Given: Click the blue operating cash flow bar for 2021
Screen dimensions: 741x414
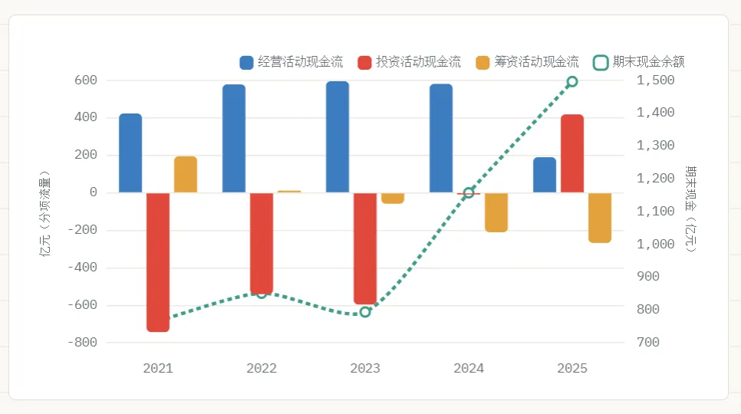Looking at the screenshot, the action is click(130, 153).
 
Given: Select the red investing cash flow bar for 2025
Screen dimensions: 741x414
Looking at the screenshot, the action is click(572, 153).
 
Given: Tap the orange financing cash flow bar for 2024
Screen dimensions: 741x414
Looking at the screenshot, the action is click(496, 212).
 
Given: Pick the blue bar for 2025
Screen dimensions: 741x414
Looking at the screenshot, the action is click(545, 175).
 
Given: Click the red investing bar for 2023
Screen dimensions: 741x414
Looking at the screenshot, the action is click(365, 248).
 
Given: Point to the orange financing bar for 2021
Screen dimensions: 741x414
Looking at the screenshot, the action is click(186, 175).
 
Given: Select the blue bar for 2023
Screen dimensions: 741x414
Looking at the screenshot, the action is click(338, 137).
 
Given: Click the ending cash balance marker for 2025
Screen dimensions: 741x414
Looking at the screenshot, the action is click(572, 82).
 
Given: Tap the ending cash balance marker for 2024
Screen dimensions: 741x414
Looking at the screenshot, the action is click(469, 192).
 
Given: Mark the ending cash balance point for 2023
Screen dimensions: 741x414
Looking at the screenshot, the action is click(365, 312).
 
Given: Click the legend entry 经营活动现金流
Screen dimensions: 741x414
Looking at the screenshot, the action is click(291, 62).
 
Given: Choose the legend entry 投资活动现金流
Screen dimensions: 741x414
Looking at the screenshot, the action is click(410, 62).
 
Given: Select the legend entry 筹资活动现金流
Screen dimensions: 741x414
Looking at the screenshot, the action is click(528, 62).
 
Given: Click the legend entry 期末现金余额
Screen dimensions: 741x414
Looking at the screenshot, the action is click(639, 62).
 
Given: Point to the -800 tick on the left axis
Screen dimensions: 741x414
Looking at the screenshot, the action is click(83, 342).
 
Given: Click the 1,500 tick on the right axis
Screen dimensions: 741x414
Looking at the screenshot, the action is click(655, 80).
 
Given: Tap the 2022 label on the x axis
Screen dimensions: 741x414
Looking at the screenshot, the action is click(262, 368).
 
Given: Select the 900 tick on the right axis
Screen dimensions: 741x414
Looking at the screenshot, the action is click(648, 277).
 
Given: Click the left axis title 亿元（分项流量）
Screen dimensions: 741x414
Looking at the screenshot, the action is click(44, 213).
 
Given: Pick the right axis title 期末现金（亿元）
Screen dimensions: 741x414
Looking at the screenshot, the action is click(691, 209).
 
